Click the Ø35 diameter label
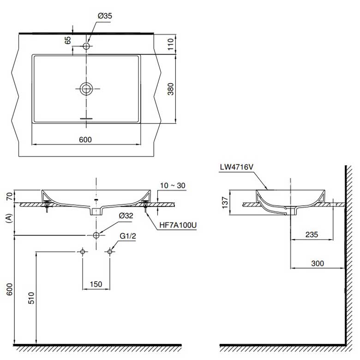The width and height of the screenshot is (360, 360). (105, 16)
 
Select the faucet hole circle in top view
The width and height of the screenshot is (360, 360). (86, 46)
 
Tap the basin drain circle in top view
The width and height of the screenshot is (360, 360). (86, 89)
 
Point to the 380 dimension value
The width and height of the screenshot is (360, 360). (170, 89)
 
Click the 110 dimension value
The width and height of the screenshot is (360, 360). (170, 44)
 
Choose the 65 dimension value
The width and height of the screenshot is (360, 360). (68, 41)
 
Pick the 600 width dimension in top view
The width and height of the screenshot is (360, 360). (85, 140)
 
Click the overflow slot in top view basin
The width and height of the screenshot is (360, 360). (86, 119)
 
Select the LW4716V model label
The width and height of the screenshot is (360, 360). (236, 168)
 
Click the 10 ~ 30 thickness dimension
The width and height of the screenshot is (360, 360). (173, 186)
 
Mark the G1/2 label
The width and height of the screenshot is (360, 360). (127, 237)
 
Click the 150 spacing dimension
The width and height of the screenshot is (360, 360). (96, 284)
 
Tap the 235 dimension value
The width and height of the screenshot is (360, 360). (312, 235)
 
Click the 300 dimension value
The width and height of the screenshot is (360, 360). (317, 264)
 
